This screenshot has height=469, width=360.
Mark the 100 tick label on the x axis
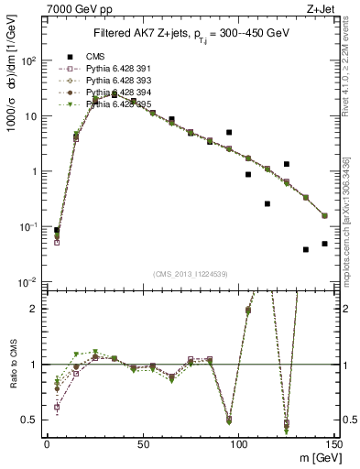(239, 444)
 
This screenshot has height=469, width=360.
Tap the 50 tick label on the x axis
(143, 444)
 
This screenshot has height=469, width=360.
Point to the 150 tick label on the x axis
(334, 444)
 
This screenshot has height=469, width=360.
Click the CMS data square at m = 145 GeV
(324, 244)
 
